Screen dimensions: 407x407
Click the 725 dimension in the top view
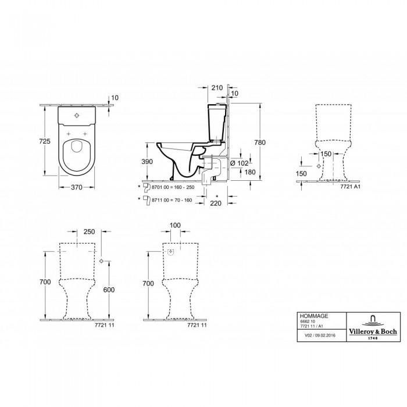[45, 141]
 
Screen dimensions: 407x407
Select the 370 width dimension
[77, 187]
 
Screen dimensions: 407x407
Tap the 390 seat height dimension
[147, 162]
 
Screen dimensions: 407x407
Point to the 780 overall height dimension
[260, 142]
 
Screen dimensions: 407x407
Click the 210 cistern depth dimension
[217, 88]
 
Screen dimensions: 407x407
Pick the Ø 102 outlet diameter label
[240, 163]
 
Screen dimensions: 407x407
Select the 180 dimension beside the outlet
[250, 172]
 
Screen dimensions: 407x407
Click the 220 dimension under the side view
[216, 203]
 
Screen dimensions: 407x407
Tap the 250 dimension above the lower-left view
[89, 231]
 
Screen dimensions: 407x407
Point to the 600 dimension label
[109, 290]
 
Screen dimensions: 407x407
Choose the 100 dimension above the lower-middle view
[175, 226]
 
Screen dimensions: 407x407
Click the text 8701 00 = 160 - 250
[173, 187]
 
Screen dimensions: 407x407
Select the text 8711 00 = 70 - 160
[172, 200]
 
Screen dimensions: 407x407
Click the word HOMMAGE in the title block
[314, 316]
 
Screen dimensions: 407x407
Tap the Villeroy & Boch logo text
[373, 331]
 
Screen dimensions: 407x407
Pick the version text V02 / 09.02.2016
[320, 335]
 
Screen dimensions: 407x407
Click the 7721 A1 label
[350, 186]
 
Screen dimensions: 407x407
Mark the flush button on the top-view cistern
[77, 115]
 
